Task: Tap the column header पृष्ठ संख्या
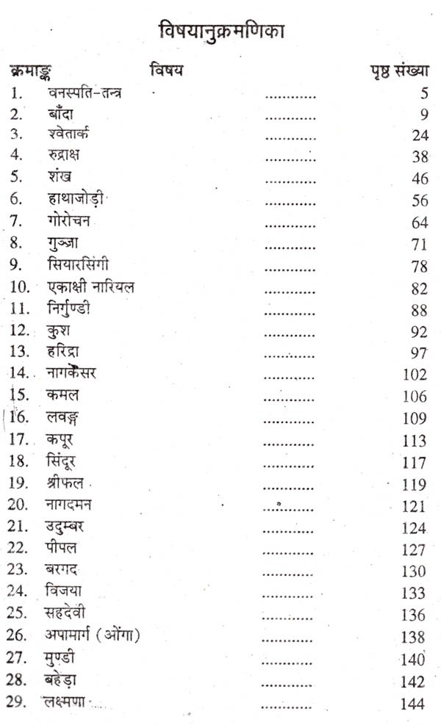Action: pos(398,72)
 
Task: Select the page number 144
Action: pos(412,704)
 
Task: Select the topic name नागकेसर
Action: pos(79,373)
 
